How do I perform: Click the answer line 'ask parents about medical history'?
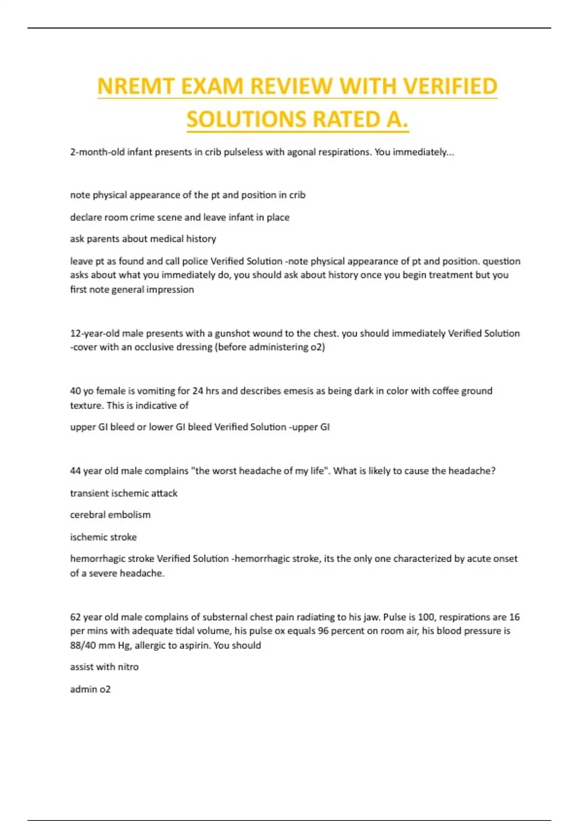[x=143, y=239]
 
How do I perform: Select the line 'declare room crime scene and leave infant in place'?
[x=179, y=217]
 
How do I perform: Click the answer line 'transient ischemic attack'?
[x=124, y=493]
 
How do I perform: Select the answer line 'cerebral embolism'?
[x=110, y=515]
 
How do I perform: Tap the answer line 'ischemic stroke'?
[x=103, y=537]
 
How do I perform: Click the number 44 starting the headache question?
[x=75, y=471]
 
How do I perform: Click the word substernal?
[x=224, y=617]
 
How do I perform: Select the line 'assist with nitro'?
[x=104, y=667]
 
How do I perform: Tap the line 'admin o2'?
[x=90, y=689]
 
